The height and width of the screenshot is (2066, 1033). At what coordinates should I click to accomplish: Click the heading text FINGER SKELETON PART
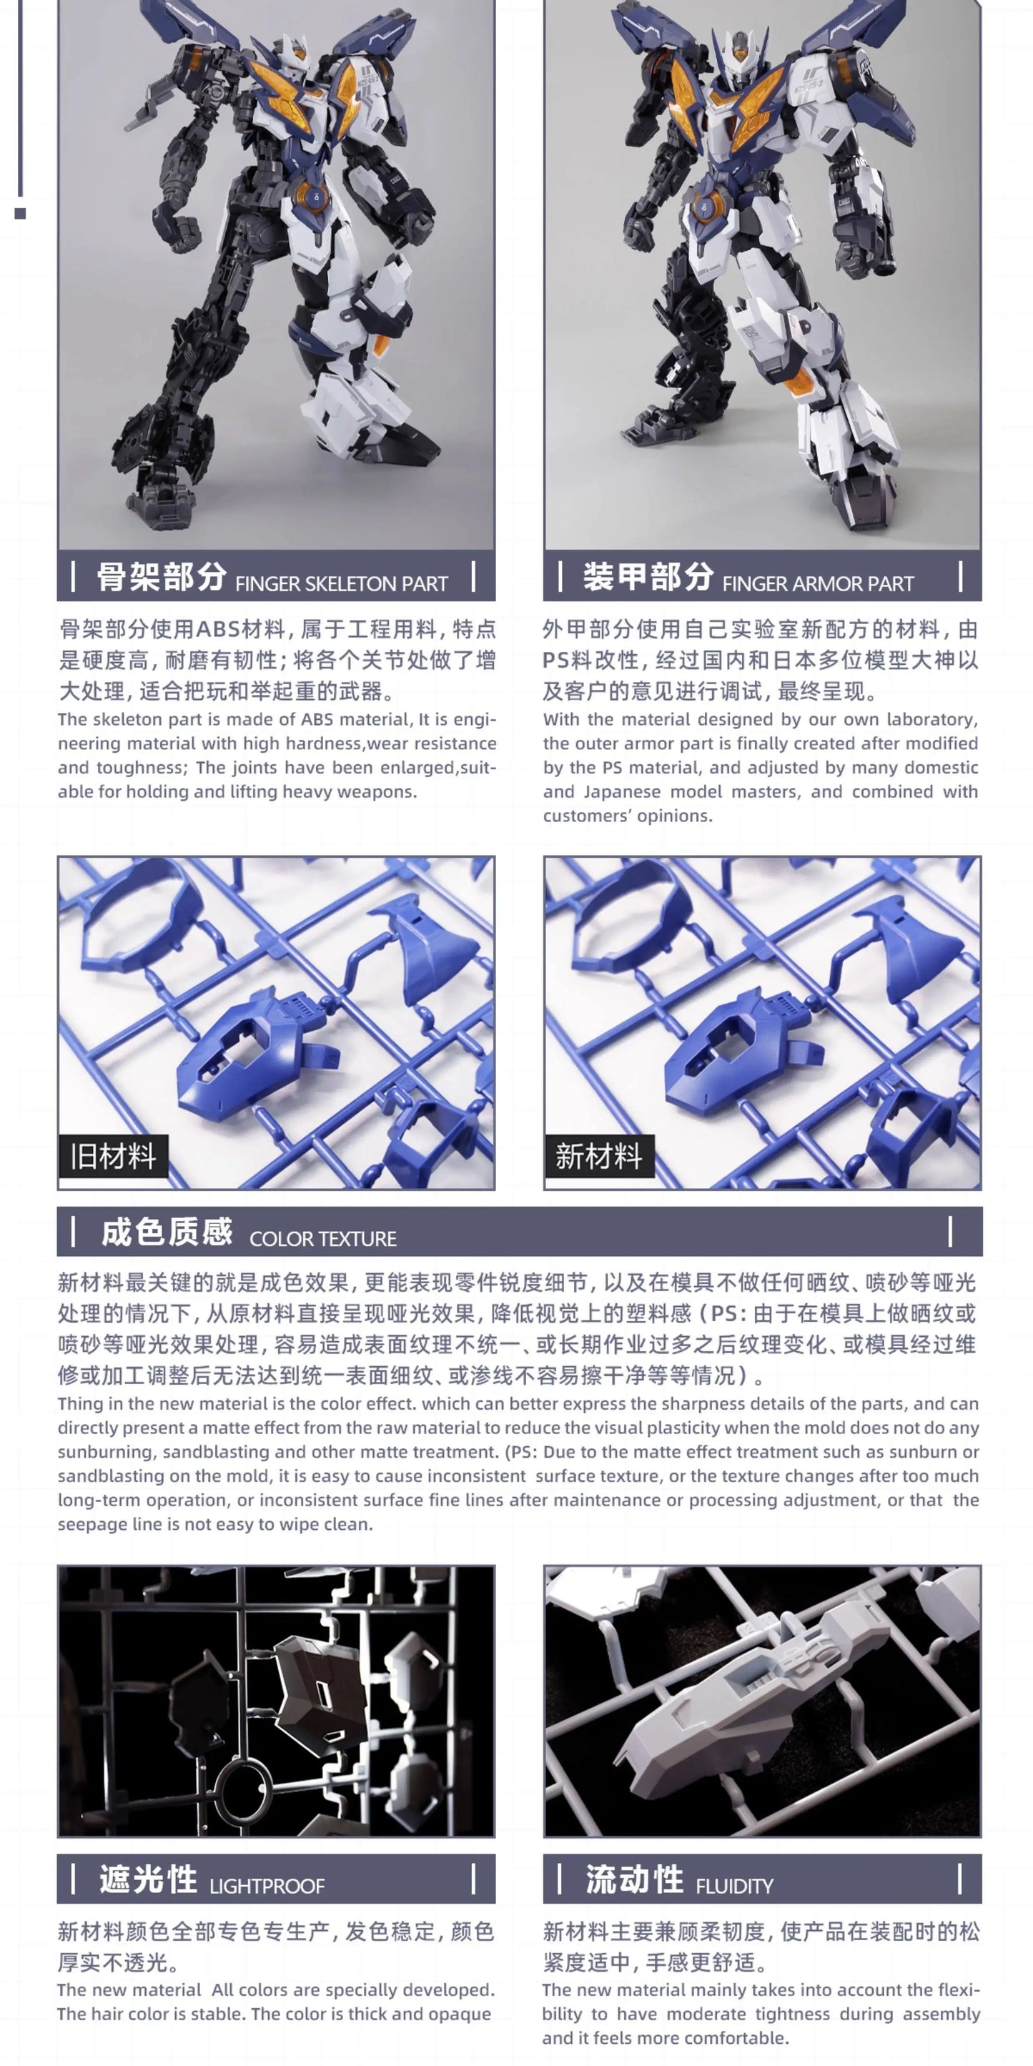(x=341, y=584)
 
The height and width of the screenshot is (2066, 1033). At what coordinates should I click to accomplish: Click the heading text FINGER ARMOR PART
(x=817, y=584)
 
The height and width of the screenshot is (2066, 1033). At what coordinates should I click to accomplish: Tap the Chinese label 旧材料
(x=113, y=1156)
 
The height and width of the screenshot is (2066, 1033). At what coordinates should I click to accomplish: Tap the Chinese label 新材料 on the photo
(x=598, y=1156)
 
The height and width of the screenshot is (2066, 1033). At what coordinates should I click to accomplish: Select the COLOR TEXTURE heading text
(x=322, y=1238)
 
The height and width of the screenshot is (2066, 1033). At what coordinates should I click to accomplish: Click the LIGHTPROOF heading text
(x=267, y=1886)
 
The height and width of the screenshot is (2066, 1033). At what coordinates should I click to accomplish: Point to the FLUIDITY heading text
(x=734, y=1886)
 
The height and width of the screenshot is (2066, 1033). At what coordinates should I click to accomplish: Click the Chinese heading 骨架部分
(x=162, y=577)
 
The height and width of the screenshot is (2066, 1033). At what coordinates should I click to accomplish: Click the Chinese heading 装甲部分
(x=647, y=577)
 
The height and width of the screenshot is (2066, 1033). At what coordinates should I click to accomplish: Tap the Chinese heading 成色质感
(x=166, y=1232)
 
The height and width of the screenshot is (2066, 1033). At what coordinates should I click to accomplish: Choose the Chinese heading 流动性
(x=633, y=1879)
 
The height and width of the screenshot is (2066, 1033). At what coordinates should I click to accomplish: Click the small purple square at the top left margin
(x=20, y=213)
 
